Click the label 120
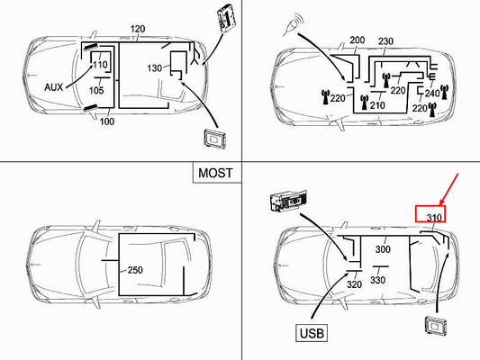[137, 29]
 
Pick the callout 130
[155, 68]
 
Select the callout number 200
[358, 40]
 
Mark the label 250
[135, 270]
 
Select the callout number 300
[384, 249]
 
